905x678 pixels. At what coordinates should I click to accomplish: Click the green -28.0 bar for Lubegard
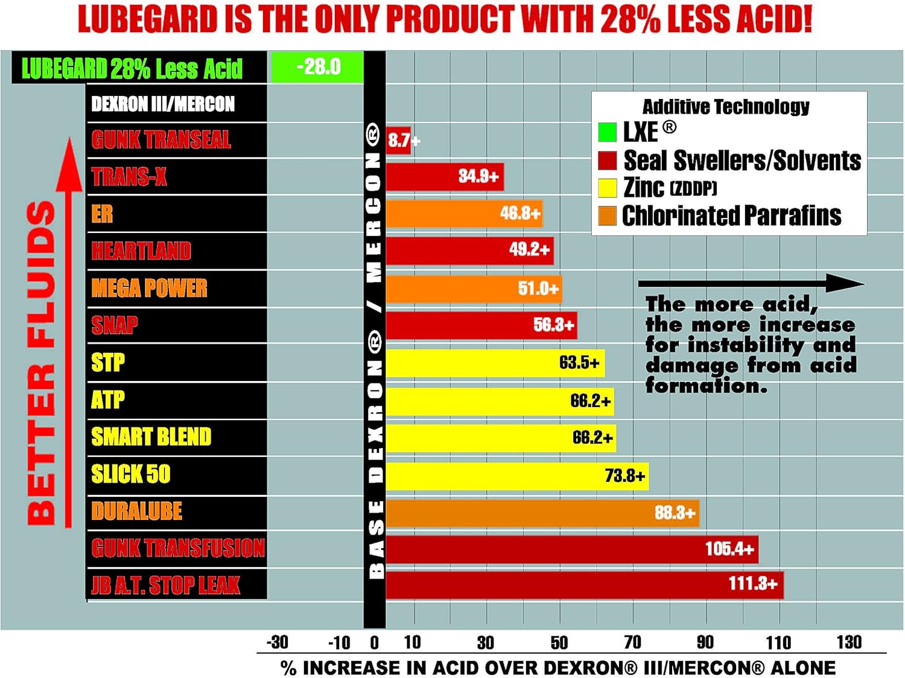pos(317,67)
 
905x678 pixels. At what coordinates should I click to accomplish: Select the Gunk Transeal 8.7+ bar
pos(398,140)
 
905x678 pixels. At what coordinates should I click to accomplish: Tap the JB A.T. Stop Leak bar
pos(584,584)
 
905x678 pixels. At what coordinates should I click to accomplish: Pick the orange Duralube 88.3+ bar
pos(542,513)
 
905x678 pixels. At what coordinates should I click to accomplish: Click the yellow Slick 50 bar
pos(516,476)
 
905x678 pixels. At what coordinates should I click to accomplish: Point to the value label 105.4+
pos(729,549)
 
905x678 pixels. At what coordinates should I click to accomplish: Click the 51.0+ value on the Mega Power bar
pos(538,289)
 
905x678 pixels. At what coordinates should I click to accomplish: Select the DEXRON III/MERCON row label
pos(163,104)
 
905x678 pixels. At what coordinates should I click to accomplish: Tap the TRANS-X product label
pos(129,177)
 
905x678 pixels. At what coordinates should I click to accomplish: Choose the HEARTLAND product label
pos(141,251)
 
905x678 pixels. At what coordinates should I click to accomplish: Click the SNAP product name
pos(115,325)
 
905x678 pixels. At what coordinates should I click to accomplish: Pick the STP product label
pos(108,363)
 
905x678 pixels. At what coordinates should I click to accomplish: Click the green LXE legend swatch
pos(607,132)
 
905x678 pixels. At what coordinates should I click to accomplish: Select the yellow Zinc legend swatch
pos(607,188)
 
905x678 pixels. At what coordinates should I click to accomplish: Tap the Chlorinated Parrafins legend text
pos(731,216)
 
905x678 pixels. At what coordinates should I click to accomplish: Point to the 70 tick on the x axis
pos(632,642)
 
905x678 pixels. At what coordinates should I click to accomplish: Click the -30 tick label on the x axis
pos(278,642)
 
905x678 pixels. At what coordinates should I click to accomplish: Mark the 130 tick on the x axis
pos(849,642)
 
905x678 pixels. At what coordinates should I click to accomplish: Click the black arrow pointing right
pos(751,283)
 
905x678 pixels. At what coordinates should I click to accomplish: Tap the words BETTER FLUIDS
pos(41,362)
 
